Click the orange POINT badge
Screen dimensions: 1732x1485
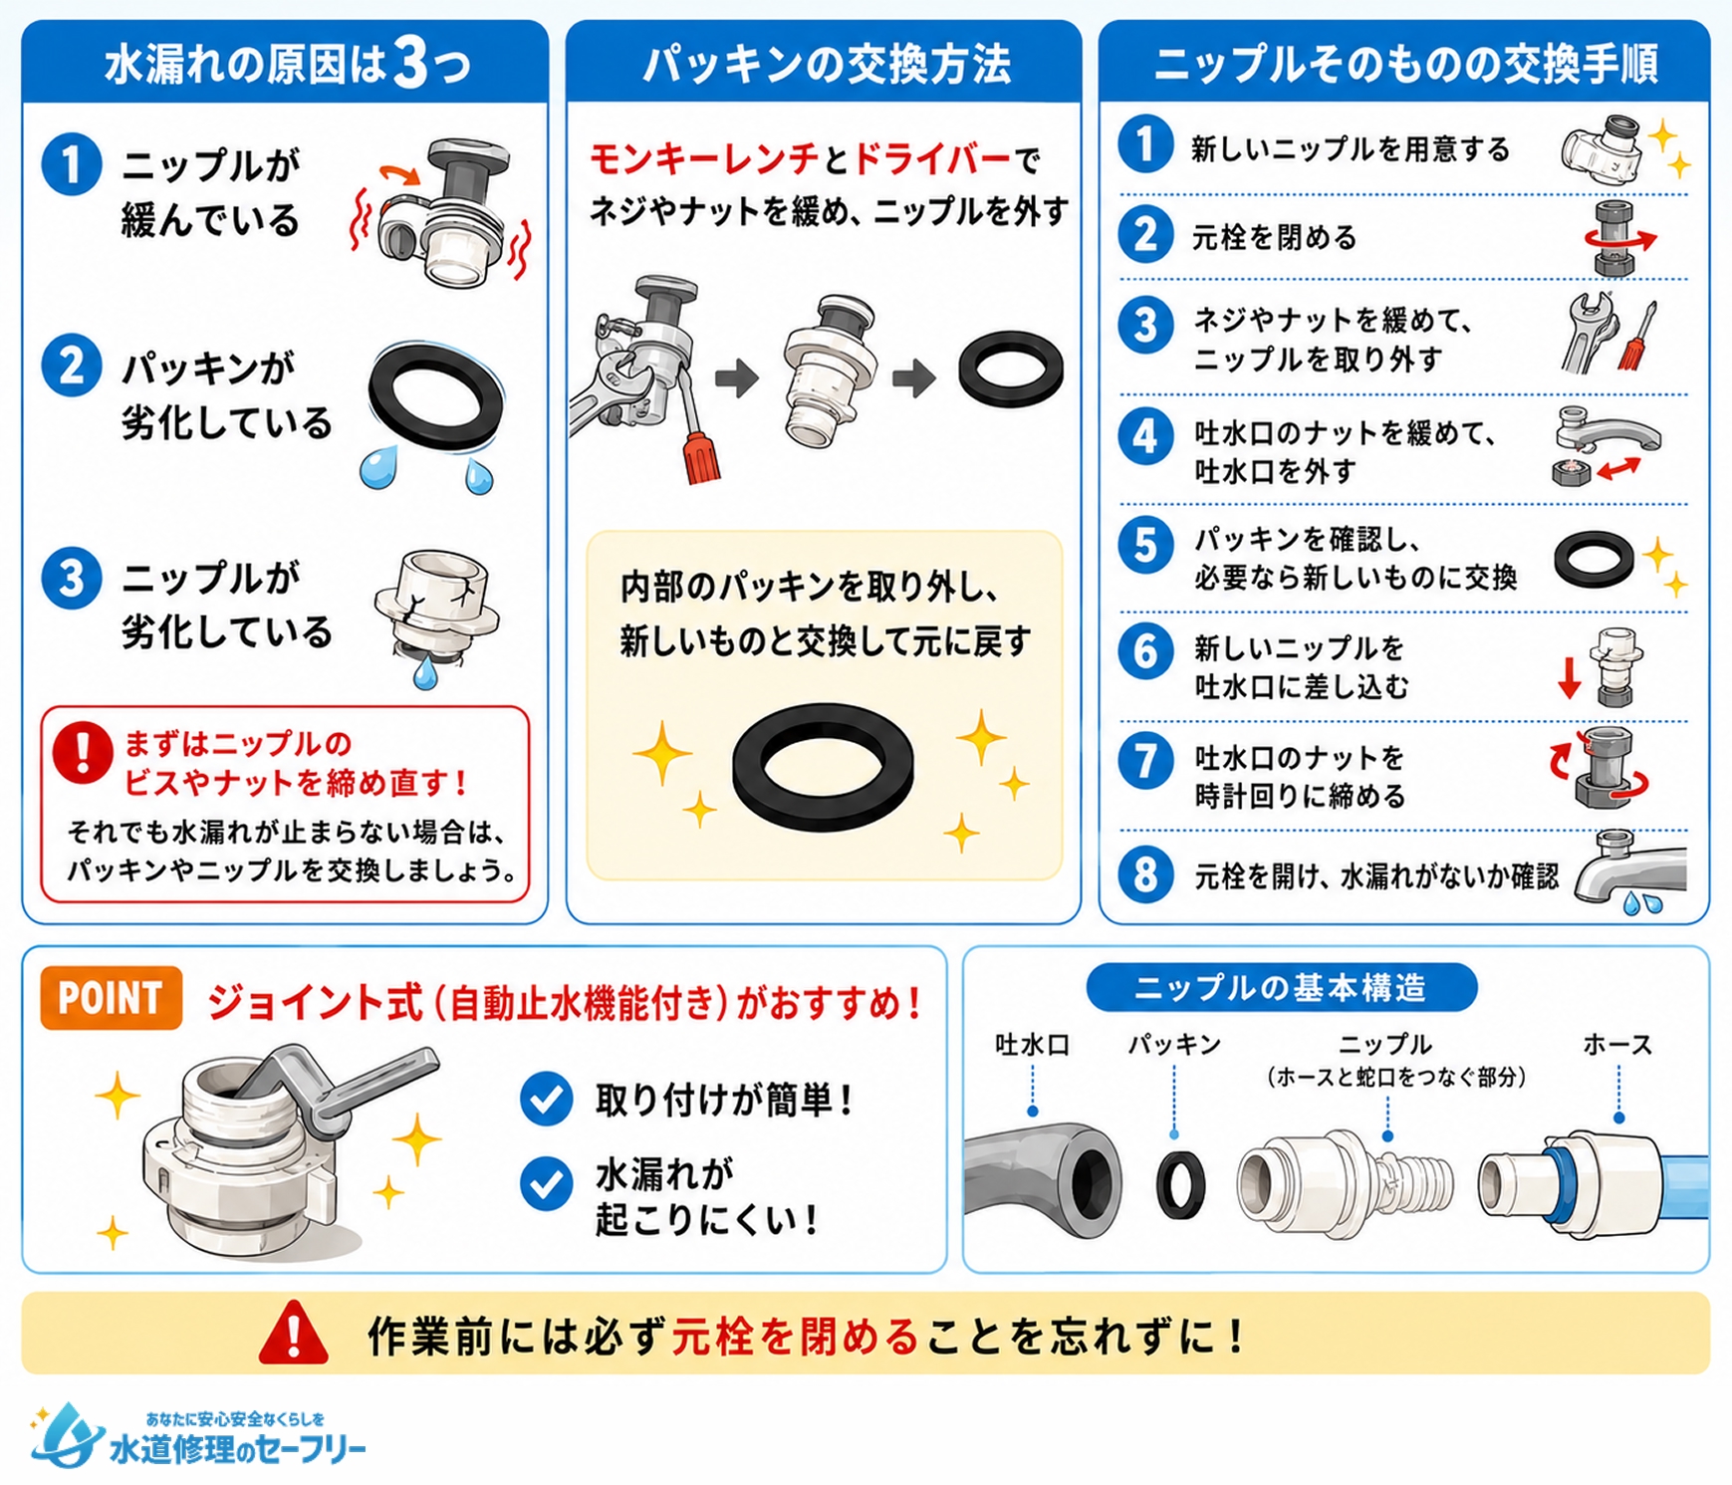[111, 997]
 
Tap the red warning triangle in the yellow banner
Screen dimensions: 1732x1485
[293, 1333]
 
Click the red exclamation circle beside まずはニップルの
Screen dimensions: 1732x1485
[82, 752]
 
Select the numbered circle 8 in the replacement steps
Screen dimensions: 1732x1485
[1144, 874]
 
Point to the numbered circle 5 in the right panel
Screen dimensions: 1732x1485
[1144, 546]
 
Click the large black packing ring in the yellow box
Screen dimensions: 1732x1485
[823, 767]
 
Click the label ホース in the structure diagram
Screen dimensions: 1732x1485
[1617, 1045]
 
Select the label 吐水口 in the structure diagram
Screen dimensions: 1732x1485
[1033, 1045]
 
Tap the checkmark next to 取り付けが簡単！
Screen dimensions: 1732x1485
[546, 1100]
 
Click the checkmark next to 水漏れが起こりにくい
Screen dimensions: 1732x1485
[546, 1183]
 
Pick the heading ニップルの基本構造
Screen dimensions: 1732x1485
[1281, 988]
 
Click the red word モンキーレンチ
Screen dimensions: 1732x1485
[703, 158]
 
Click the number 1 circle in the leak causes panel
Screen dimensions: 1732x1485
[72, 164]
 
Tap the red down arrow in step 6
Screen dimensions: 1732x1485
[1570, 677]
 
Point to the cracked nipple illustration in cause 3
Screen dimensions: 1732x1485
[436, 613]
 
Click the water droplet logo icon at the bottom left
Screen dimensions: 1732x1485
[66, 1434]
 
